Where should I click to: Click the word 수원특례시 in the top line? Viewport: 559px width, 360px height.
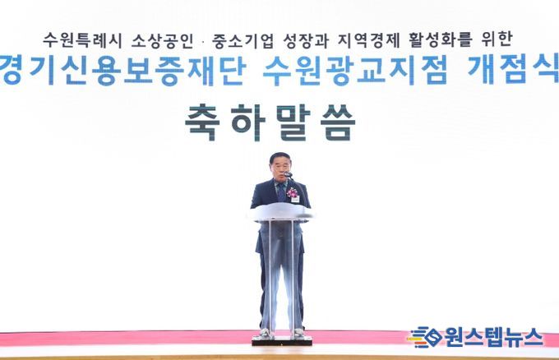click(x=83, y=39)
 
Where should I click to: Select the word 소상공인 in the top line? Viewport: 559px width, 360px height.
click(x=162, y=39)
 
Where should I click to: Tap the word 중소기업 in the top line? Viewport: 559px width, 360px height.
click(x=243, y=39)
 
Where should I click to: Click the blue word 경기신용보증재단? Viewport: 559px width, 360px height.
click(x=123, y=70)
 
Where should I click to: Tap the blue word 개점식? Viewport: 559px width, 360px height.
click(x=513, y=70)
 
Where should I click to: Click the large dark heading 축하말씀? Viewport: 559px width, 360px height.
click(x=270, y=122)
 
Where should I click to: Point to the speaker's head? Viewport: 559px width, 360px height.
click(x=279, y=166)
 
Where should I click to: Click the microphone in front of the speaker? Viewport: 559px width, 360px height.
click(x=288, y=174)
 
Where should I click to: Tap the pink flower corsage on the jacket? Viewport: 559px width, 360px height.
click(x=293, y=193)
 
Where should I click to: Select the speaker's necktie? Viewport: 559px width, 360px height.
click(x=281, y=192)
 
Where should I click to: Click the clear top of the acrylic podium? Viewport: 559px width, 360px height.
click(x=281, y=212)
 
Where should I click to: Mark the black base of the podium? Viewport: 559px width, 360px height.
click(x=282, y=341)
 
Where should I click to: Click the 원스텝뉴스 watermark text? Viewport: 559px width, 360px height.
click(x=493, y=337)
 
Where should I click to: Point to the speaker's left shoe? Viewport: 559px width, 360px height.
click(x=298, y=333)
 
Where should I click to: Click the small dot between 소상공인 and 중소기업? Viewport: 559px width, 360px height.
click(x=202, y=41)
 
